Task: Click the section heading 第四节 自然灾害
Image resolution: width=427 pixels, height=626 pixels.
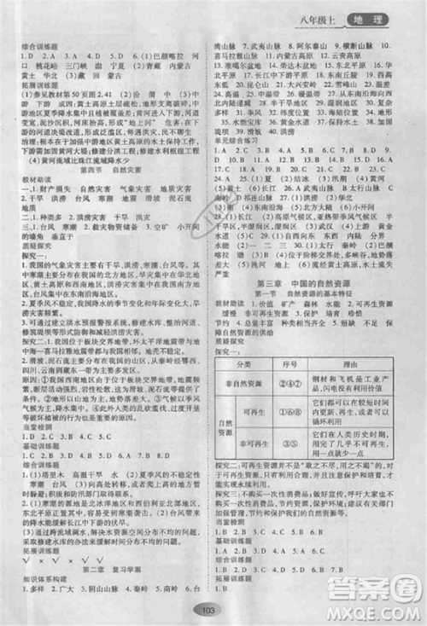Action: coord(107,168)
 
